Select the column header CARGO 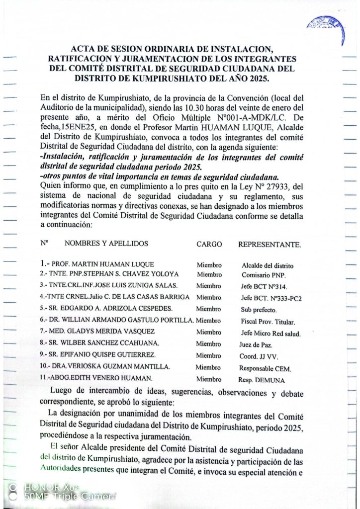point(209,244)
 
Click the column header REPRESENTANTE point(269,245)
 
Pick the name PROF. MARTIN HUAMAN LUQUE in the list point(101,264)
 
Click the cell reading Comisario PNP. point(261,274)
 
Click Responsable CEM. point(265,369)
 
